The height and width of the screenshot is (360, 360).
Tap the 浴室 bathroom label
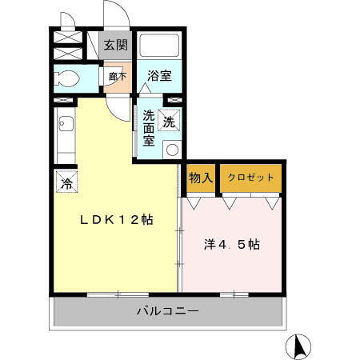pos(159,77)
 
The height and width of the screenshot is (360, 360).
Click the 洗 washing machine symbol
pos(170,122)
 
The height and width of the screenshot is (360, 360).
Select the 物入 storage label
pos(200,178)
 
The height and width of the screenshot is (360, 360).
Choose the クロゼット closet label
pos(250,178)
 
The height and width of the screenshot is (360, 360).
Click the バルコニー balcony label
pos(166,310)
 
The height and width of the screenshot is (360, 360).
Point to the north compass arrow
pos(299,346)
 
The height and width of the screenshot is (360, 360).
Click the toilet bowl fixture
pos(69,79)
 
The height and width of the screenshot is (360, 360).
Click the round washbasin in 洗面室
pos(170,149)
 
